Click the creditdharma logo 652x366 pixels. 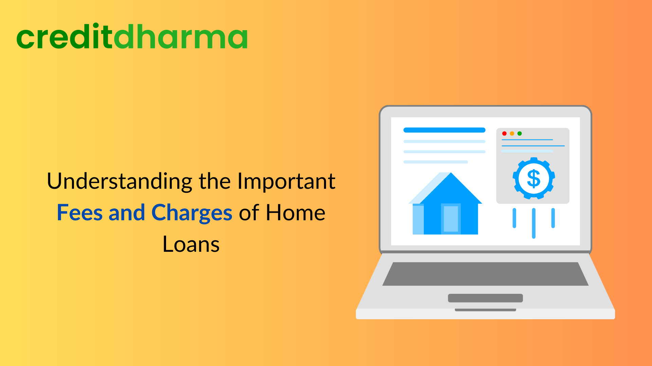[132, 37]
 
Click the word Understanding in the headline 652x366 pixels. [120, 181]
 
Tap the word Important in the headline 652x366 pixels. [286, 181]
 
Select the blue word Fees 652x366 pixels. [79, 213]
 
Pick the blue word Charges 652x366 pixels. [192, 213]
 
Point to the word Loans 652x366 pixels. [191, 244]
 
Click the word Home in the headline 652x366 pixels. [295, 213]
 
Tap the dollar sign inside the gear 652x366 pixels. [533, 178]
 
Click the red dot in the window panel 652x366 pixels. [504, 134]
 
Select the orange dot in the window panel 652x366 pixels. [512, 134]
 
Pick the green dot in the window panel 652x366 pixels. [520, 134]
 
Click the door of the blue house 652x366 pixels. [451, 219]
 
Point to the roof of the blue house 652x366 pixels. [451, 188]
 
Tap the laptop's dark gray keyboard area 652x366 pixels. [485, 274]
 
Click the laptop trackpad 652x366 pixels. [485, 298]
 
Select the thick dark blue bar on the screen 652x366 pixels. [444, 130]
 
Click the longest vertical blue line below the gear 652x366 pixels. [533, 223]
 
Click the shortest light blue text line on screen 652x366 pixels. [435, 162]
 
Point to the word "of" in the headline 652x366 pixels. [249, 213]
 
